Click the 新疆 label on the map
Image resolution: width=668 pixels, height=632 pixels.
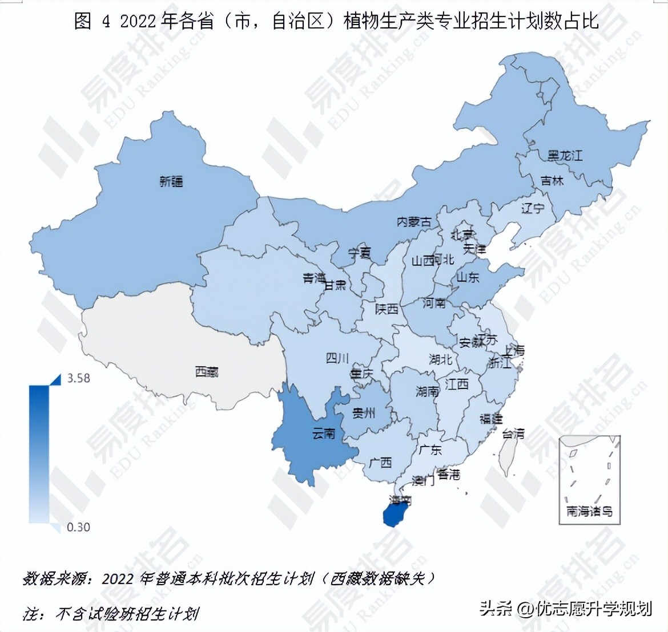171,182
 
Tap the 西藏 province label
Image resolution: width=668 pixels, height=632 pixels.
207,372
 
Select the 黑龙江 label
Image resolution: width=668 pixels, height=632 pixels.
565,155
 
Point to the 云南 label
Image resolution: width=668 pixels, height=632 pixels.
324,434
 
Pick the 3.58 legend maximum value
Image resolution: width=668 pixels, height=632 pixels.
79,378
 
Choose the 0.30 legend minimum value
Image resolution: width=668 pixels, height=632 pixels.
79,527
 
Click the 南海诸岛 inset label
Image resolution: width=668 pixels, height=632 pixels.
589,511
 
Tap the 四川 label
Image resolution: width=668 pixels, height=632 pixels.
337,358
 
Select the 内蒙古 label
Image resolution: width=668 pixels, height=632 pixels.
414,221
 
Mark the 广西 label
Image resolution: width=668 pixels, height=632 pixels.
380,462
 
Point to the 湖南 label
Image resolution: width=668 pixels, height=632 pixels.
427,391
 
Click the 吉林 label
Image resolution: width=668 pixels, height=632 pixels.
552,180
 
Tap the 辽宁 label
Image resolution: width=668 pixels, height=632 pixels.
533,208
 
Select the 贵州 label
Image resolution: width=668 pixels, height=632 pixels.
364,412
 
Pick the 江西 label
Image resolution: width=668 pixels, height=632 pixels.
457,384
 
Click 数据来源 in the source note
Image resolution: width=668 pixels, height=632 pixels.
56,578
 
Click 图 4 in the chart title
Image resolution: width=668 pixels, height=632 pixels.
91,21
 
